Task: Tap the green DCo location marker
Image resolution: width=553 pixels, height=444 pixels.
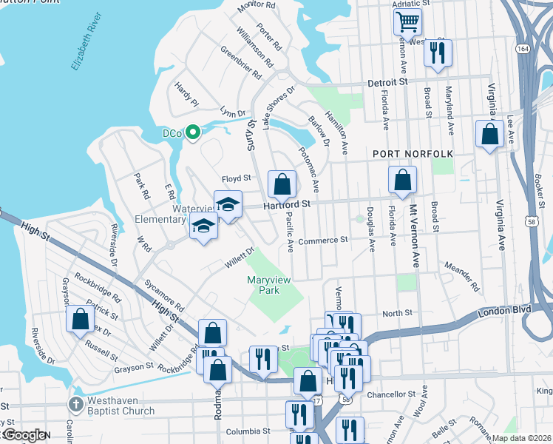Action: [193, 133]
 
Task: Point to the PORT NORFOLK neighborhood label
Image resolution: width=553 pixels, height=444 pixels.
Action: [412, 153]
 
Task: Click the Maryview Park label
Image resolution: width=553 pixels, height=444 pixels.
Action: [266, 286]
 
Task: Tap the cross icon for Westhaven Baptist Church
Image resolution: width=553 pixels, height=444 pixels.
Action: [75, 404]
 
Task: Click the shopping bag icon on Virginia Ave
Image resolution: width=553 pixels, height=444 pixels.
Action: [489, 135]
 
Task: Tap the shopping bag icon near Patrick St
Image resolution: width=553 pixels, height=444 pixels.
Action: [81, 320]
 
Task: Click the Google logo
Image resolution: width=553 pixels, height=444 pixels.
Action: [25, 435]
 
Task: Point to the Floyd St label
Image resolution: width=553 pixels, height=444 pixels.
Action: [237, 178]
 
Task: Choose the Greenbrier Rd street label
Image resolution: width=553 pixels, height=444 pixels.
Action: [241, 63]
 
